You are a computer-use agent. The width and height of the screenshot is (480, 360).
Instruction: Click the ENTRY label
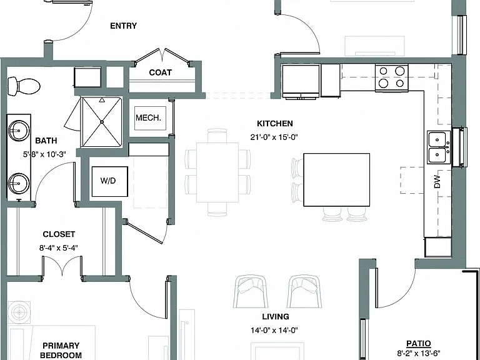123,26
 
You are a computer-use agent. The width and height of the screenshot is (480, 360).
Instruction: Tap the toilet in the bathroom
24,86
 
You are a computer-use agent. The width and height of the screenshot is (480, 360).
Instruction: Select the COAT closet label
160,72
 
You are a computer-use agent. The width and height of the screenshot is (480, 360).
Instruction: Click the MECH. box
150,118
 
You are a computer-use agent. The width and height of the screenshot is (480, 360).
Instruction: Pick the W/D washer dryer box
109,181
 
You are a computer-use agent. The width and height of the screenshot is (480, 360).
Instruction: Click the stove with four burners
391,77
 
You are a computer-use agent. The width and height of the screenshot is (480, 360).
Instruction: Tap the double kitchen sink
439,147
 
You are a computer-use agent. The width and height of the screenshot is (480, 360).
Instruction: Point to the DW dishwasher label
437,181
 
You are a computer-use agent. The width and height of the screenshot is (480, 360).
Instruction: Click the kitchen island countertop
336,180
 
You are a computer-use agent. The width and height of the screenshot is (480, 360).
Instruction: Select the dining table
217,172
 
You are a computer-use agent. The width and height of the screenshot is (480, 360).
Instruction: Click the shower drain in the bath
102,122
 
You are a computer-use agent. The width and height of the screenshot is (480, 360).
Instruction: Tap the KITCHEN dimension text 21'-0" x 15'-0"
274,137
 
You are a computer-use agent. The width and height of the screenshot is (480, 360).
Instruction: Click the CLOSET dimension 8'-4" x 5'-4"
59,247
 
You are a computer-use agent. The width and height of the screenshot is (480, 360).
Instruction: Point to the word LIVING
276,316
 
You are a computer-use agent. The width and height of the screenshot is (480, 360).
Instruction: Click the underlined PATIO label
419,344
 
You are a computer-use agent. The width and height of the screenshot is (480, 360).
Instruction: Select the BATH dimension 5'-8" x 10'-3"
44,154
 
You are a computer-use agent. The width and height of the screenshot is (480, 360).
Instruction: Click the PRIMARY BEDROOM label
61,351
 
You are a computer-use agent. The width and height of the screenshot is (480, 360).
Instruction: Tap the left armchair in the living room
251,291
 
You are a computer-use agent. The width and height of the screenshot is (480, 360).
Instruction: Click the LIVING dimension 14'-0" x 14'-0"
274,330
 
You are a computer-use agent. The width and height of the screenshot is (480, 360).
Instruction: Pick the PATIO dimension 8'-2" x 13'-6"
419,354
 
